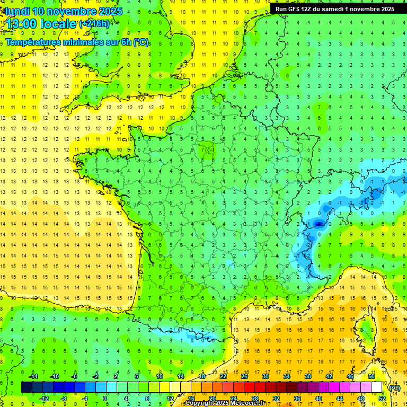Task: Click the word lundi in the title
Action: tap(17, 11)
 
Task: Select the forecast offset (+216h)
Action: tap(94, 24)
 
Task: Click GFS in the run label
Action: tap(297, 9)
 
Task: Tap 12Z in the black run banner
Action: tap(312, 9)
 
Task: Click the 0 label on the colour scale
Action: tap(105, 399)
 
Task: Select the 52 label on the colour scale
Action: tap(382, 399)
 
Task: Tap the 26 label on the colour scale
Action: tap(244, 376)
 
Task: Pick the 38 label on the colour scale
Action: tap(307, 376)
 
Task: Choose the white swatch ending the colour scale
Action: tap(377, 387)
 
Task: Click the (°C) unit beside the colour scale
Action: tap(394, 388)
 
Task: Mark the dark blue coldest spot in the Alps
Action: tap(318, 224)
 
